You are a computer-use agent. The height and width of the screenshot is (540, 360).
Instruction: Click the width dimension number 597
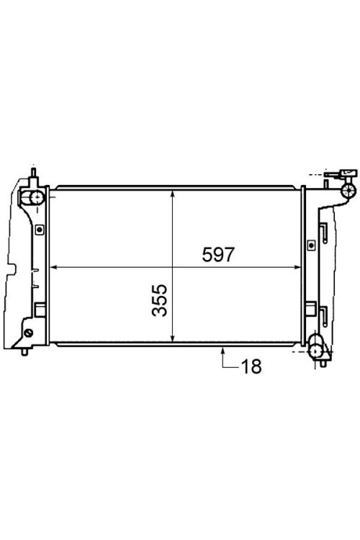(x=218, y=255)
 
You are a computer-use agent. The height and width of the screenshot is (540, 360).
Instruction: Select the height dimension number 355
(x=160, y=300)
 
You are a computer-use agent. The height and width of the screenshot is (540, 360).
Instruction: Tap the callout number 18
(x=251, y=366)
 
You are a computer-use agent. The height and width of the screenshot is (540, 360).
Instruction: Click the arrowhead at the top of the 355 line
(x=173, y=195)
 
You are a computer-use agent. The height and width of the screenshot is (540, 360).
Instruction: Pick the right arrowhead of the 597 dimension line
(x=297, y=267)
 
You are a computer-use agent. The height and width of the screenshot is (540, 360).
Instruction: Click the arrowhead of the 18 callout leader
(x=223, y=351)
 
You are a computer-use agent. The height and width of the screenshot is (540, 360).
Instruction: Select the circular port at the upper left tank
(x=36, y=197)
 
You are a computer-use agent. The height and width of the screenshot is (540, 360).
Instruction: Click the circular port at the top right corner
(x=348, y=190)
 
